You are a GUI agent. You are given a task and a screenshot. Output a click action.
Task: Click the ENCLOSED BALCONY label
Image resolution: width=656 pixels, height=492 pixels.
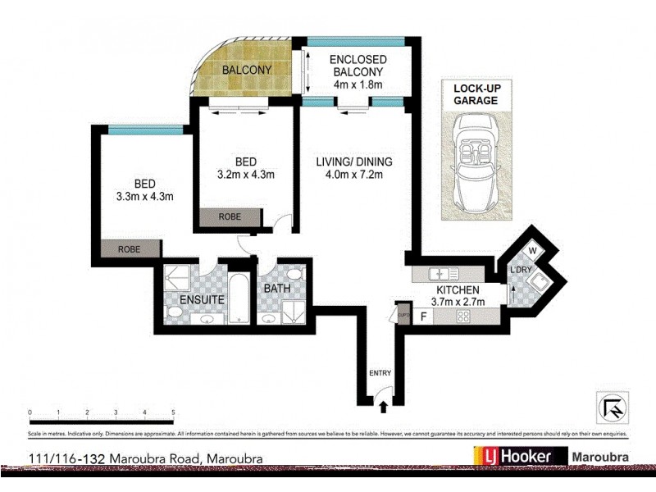[357, 71]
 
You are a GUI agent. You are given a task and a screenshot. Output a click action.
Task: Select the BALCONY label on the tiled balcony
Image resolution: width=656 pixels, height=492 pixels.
[247, 70]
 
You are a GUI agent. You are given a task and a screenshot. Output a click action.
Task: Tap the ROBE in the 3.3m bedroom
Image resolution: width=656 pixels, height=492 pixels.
[129, 248]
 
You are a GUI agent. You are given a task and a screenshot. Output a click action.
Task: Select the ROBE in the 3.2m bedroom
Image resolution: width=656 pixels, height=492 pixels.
[230, 218]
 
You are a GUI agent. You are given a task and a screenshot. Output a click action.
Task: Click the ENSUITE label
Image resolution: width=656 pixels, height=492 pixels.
[202, 300]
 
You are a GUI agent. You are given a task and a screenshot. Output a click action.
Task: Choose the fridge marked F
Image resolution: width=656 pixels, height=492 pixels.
[424, 316]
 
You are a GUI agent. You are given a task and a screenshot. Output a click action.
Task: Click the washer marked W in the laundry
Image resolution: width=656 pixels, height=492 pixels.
[531, 251]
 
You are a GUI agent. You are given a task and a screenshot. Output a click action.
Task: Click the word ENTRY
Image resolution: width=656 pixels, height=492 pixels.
[380, 374]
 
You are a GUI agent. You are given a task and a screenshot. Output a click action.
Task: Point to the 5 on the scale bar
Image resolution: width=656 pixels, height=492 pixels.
[173, 412]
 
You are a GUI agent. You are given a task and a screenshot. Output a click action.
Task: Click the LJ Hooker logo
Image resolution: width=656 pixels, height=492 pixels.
[520, 457]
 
